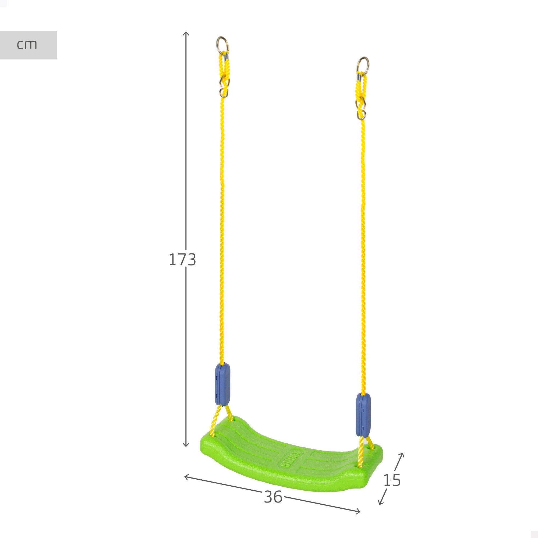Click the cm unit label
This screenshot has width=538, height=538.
click(27, 45)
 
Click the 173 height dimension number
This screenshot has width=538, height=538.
click(182, 260)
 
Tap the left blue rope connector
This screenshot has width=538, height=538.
click(222, 384)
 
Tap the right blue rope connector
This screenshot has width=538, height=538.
click(363, 415)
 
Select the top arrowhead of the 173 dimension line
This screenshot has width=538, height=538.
click(186, 33)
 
